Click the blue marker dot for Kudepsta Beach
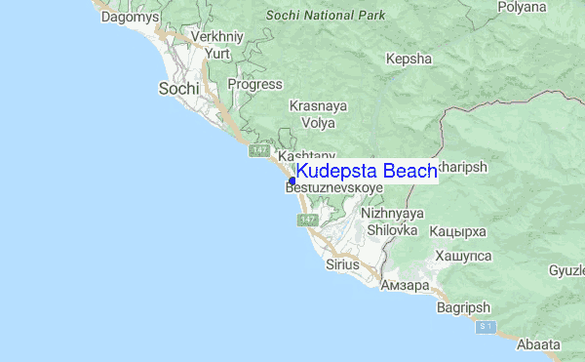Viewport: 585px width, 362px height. point(292,181)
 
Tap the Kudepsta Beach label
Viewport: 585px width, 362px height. point(367,172)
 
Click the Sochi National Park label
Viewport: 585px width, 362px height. point(326,16)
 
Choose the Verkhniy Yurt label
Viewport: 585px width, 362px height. point(215,45)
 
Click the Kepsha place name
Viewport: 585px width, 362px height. point(409,59)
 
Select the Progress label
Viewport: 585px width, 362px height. point(254,84)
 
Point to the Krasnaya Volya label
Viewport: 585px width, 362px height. point(312,113)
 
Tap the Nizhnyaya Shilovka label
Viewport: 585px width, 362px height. point(392,221)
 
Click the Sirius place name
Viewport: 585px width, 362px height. point(343,264)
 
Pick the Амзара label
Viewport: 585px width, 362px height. point(404,286)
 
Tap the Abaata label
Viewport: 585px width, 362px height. point(538,344)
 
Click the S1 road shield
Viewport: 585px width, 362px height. point(487,326)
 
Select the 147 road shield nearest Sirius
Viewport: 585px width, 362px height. point(307,221)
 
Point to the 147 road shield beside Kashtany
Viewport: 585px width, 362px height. point(258,151)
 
